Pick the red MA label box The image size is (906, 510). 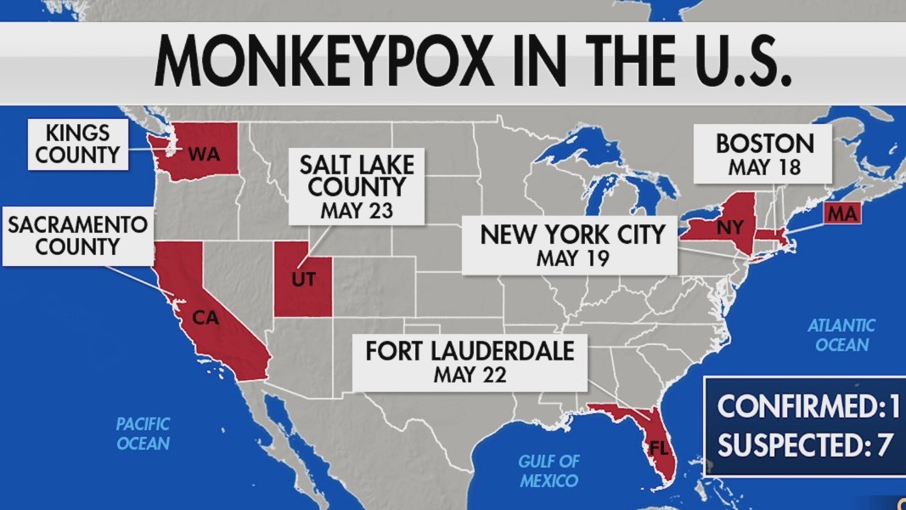click(x=841, y=213)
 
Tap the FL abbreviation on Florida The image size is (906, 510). click(x=657, y=445)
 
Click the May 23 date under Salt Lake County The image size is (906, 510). click(x=357, y=211)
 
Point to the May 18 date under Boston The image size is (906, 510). click(x=764, y=167)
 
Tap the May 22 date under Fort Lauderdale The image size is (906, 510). click(x=469, y=374)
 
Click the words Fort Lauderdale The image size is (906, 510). click(x=470, y=350)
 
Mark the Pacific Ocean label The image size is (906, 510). click(x=143, y=433)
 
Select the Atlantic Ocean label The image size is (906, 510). click(x=841, y=334)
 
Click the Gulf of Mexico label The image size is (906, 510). click(x=549, y=471)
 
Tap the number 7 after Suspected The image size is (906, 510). click(x=883, y=445)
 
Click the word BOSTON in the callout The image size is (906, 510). click(x=764, y=143)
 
